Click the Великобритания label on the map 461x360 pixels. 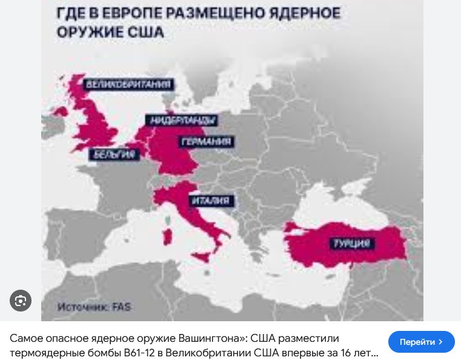click(x=128, y=84)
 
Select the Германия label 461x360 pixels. click(x=206, y=142)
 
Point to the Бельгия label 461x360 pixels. click(x=114, y=155)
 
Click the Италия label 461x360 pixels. click(x=210, y=201)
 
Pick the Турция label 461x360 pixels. click(x=351, y=244)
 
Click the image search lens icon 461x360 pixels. click(x=21, y=301)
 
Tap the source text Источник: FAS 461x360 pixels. click(x=94, y=307)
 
